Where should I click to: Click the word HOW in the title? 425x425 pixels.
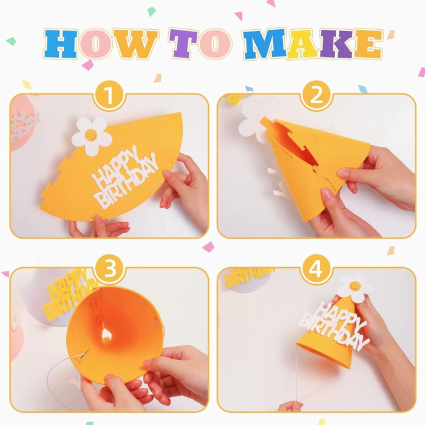(100, 44)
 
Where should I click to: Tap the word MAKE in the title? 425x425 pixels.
(313, 44)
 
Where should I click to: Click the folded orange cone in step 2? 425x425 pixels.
(316, 164)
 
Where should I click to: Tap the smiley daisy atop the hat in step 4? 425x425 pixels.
(354, 287)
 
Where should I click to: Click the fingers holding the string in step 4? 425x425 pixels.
(290, 406)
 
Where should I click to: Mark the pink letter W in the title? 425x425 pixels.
(138, 44)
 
